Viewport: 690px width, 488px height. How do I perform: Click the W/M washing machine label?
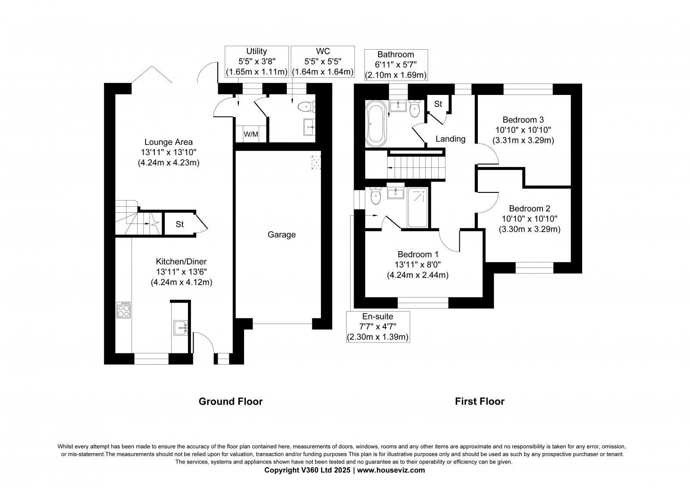(251, 134)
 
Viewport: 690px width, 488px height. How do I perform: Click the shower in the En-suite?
(417, 208)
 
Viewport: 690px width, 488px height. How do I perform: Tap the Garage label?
(282, 235)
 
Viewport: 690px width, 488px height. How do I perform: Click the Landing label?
(450, 139)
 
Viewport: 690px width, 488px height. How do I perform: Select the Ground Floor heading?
(230, 401)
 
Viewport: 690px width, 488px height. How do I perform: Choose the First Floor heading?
(480, 401)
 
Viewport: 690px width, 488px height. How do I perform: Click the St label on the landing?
(438, 104)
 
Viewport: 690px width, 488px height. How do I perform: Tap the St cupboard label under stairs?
(180, 224)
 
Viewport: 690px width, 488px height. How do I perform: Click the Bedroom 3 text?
(523, 120)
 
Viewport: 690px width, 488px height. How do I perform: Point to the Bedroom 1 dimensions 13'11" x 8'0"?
(417, 264)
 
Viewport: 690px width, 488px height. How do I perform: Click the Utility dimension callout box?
(257, 62)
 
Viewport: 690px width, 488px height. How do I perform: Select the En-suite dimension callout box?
(378, 327)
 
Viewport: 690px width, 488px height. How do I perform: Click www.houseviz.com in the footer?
(391, 470)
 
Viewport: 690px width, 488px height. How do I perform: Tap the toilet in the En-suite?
(376, 196)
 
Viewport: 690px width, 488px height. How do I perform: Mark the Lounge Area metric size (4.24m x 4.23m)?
(168, 163)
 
